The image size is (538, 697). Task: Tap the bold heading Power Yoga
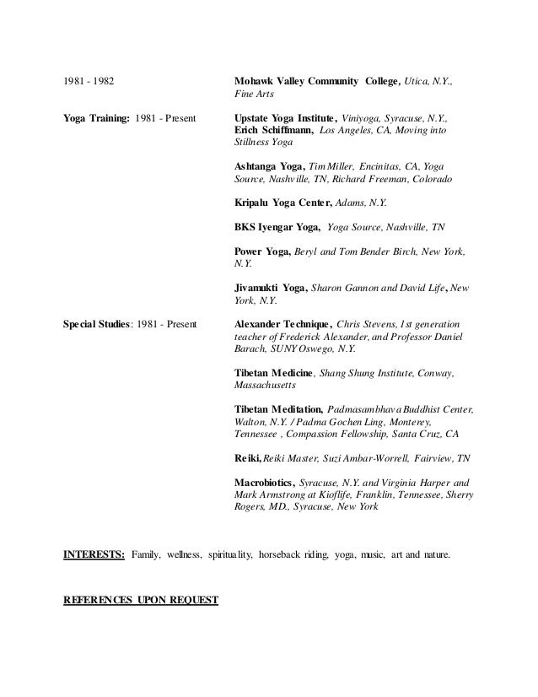click(262, 252)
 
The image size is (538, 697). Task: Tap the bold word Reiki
click(247, 459)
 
